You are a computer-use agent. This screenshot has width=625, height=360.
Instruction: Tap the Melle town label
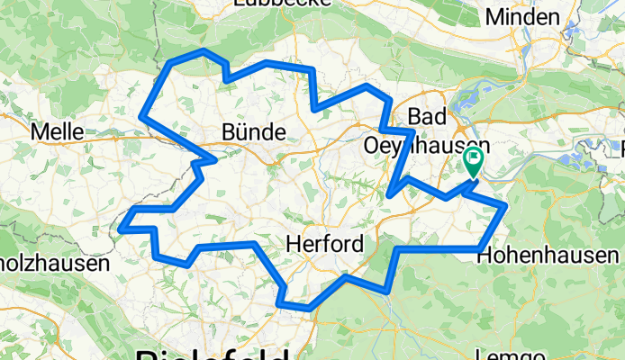tap(57, 131)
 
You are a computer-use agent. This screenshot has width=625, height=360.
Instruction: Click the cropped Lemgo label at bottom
tap(517, 355)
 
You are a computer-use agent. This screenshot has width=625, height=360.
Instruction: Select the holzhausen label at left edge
tap(54, 264)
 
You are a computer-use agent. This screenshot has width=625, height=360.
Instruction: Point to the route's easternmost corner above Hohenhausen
tap(507, 207)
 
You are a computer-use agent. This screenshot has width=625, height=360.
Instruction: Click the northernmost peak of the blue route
tap(205, 51)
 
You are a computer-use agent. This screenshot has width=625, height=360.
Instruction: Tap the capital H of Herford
tap(293, 244)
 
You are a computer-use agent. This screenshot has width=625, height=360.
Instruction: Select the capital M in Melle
tap(38, 131)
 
